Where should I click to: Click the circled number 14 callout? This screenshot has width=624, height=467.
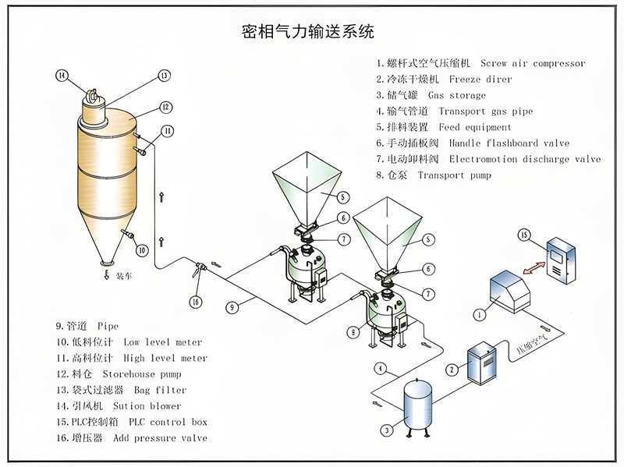click(62, 75)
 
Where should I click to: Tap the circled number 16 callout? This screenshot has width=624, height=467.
click(195, 302)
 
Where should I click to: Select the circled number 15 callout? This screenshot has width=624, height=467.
click(524, 235)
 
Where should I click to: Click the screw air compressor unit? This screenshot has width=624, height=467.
click(509, 291)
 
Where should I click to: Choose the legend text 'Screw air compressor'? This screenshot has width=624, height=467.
click(533, 63)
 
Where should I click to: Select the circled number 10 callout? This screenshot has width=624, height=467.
click(141, 250)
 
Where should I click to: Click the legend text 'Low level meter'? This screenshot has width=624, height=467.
click(162, 342)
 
